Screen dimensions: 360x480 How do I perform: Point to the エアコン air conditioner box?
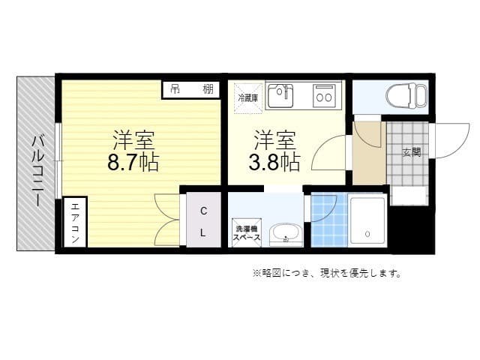(x=76, y=222)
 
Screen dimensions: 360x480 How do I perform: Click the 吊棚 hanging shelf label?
(x=191, y=89)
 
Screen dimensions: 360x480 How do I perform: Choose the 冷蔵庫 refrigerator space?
(x=247, y=97)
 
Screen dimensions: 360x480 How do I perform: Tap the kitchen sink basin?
(x=283, y=96)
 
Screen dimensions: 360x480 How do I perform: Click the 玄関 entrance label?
(x=411, y=153)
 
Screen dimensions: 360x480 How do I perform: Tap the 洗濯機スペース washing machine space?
(x=247, y=232)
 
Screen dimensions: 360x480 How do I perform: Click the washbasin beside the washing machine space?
(x=284, y=234)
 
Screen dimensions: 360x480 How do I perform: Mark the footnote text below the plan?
(x=326, y=273)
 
